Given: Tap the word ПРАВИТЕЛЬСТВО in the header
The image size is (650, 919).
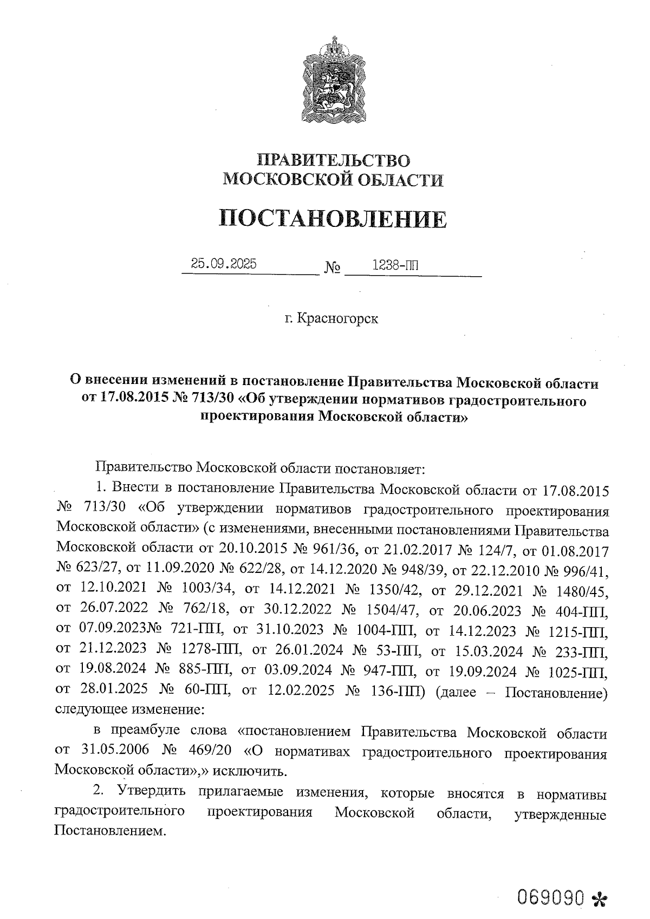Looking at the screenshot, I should (x=334, y=160).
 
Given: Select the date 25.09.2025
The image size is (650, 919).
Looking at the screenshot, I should (x=224, y=264).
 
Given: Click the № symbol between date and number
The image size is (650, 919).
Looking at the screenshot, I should (x=332, y=268).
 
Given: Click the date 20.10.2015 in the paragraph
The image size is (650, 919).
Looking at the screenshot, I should (x=253, y=551).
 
